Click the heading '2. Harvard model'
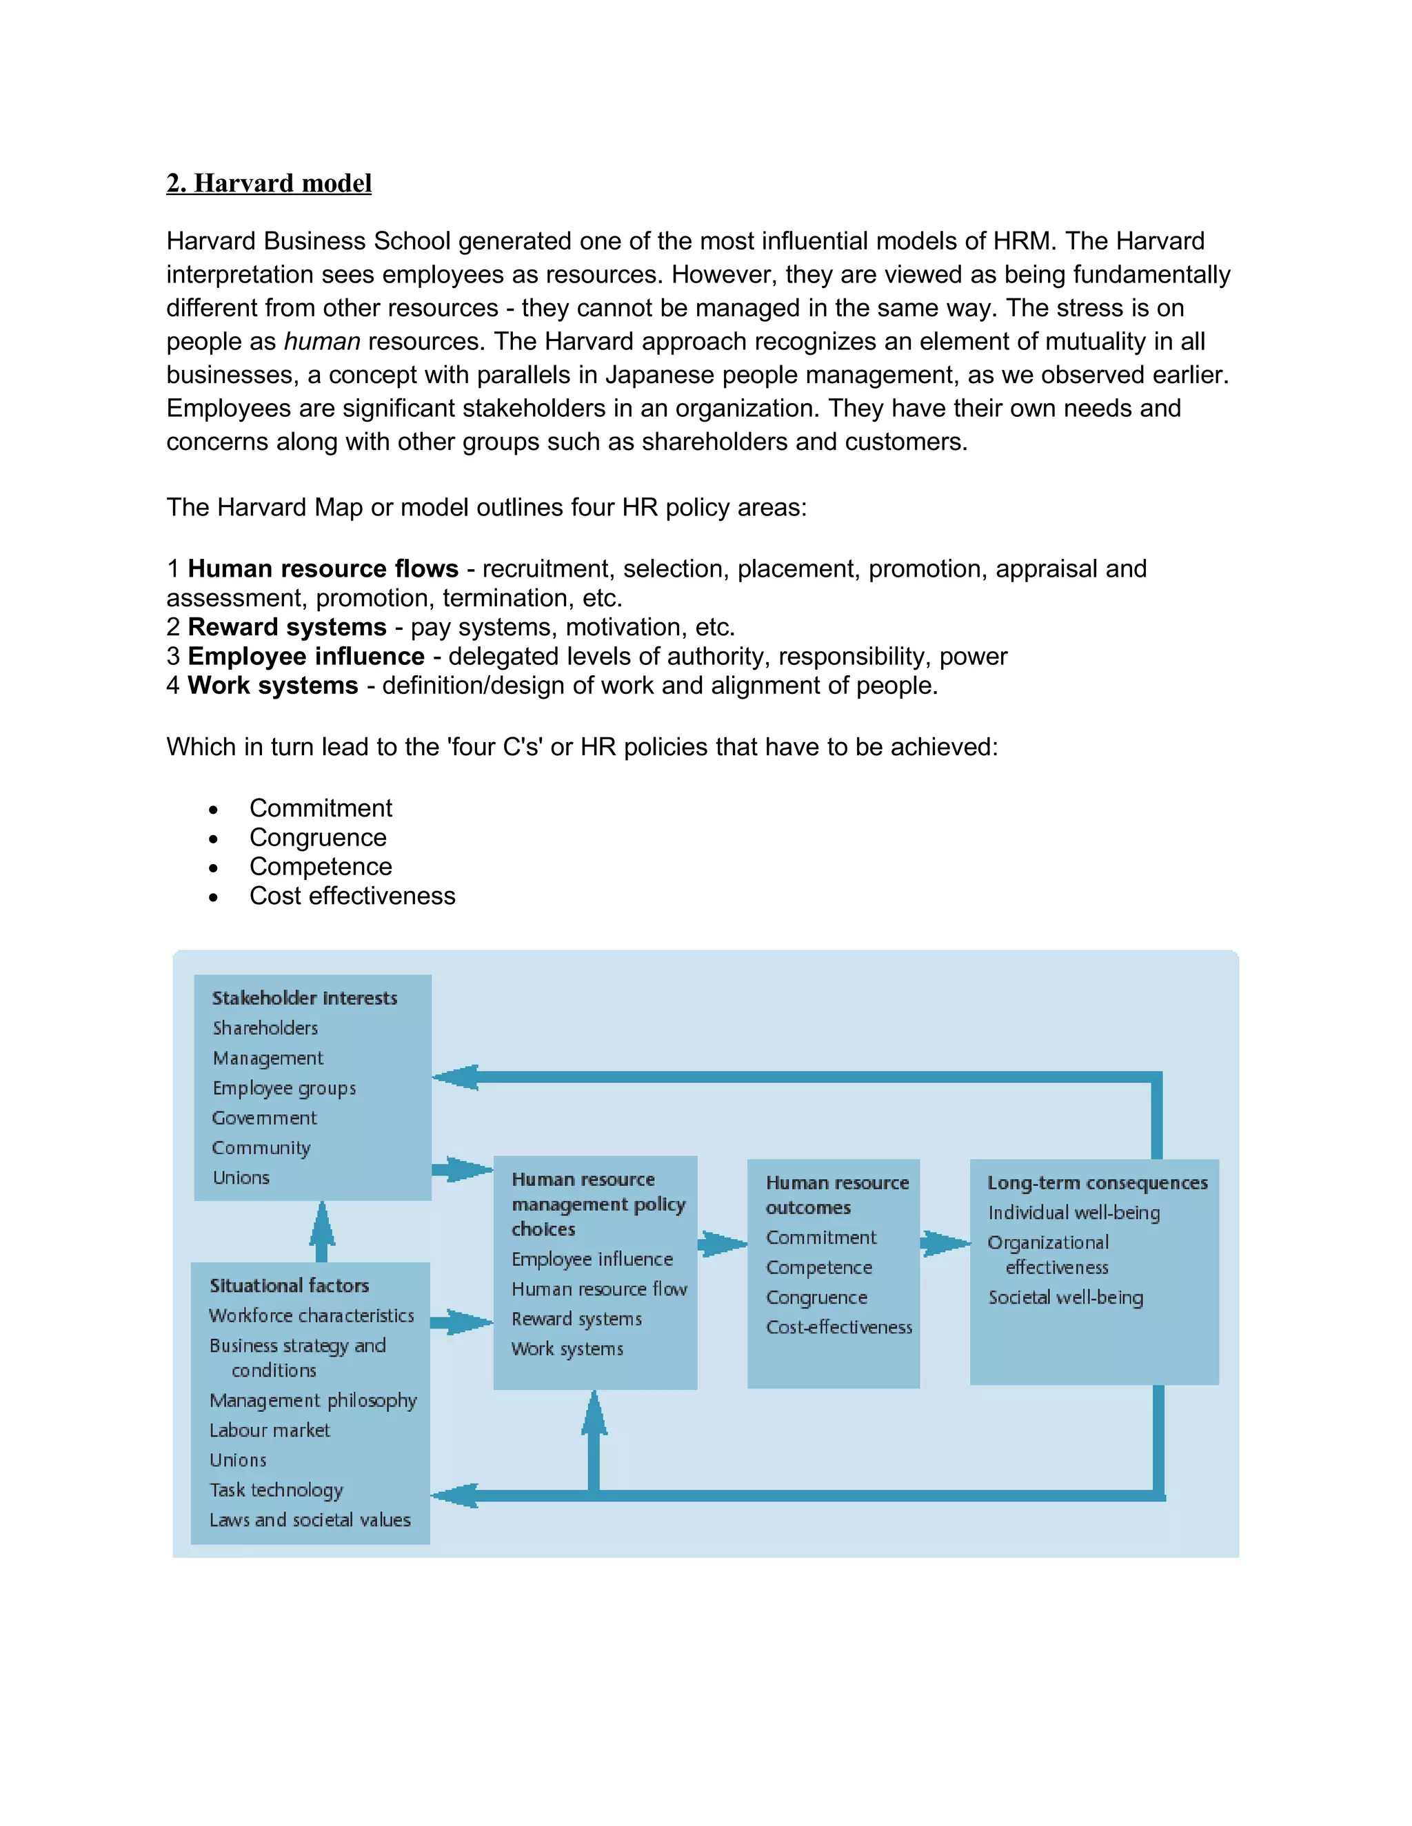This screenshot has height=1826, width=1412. tap(268, 183)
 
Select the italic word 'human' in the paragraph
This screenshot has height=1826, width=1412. tap(322, 341)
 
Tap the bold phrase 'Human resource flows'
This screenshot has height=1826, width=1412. tap(323, 568)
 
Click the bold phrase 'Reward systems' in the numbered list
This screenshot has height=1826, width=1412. tap(287, 627)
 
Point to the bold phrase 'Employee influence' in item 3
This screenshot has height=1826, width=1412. tap(306, 656)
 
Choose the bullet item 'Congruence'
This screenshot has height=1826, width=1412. tap(318, 838)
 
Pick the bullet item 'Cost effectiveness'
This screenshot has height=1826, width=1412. tap(352, 896)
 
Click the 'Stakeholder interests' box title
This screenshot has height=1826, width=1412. tap(305, 998)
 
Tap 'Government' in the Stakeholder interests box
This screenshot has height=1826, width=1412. tap(264, 1118)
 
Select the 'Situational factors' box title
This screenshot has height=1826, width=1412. tap(290, 1286)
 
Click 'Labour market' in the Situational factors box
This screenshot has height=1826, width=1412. tap(270, 1430)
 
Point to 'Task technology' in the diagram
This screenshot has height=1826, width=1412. tap(276, 1490)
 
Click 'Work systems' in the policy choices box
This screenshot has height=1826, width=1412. tap(567, 1348)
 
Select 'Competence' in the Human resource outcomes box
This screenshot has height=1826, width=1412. tap(819, 1267)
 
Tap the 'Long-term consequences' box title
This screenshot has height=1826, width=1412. tap(1098, 1183)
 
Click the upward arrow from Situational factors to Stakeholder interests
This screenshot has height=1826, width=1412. tap(322, 1231)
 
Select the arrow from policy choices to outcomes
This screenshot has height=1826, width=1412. tap(722, 1244)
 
